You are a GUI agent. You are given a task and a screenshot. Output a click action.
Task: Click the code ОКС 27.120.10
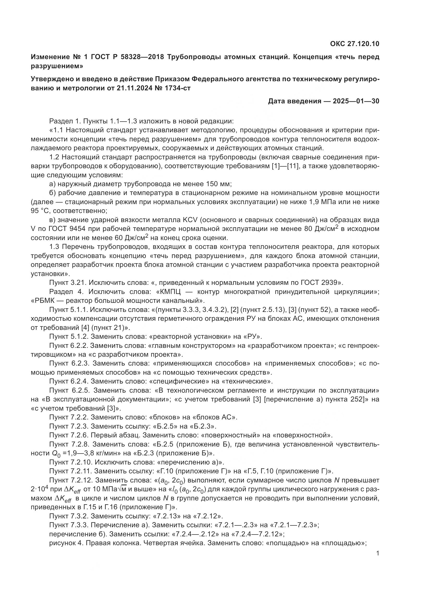[x=355, y=44]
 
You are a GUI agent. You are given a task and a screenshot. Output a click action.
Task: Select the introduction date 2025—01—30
[x=356, y=101]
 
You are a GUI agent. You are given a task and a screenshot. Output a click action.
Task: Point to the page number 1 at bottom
[x=377, y=553]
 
